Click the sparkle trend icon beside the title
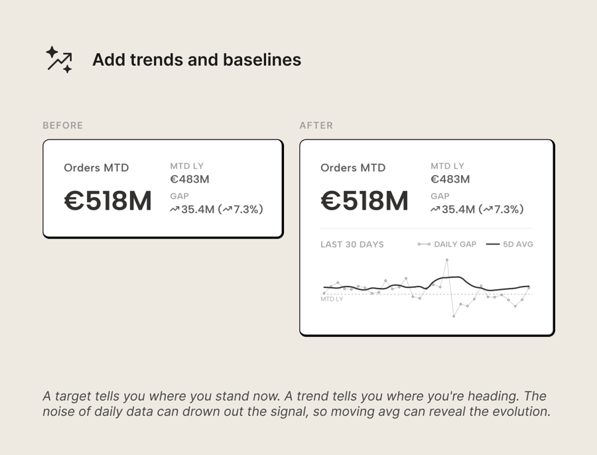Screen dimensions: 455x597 pos(59,60)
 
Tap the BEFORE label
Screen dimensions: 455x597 pos(63,125)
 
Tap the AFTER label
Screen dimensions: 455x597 pos(316,125)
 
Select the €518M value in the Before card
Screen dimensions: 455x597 pos(108,202)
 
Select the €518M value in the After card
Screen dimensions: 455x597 pos(364,202)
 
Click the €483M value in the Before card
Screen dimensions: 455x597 pos(190,179)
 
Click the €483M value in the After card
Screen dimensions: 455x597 pos(450,179)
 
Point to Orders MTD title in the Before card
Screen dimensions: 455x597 pos(96,168)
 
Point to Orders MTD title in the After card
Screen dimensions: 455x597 pos(353,168)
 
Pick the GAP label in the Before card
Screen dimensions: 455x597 pos(179,196)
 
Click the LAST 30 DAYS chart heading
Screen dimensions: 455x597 pos(352,244)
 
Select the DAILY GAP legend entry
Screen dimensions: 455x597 pos(454,244)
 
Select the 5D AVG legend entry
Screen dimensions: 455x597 pos(517,244)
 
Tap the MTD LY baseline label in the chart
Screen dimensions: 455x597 pos(332,299)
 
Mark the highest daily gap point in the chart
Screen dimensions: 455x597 pos(447,260)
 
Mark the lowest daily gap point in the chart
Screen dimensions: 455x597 pos(454,316)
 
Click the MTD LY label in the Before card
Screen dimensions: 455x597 pos(186,166)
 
